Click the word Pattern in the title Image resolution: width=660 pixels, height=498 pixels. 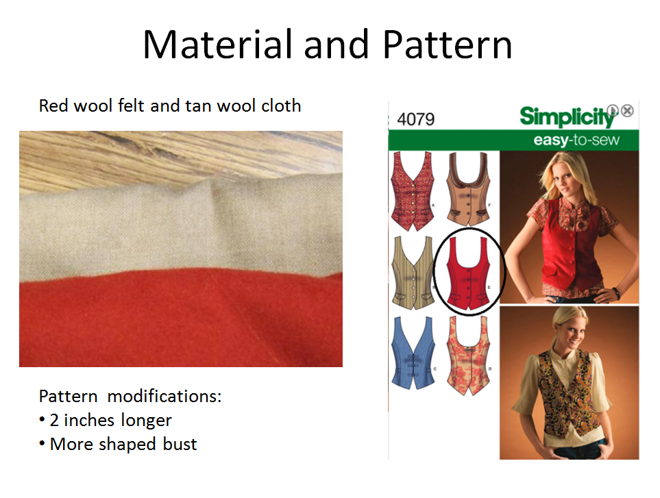(x=448, y=45)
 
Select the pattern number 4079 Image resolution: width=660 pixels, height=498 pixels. (x=415, y=119)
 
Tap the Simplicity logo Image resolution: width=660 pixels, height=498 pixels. (x=567, y=116)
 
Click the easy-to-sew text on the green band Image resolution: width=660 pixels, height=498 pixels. (x=576, y=140)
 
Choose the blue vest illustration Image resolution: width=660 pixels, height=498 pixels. (x=413, y=353)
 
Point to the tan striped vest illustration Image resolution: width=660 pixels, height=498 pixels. (x=413, y=273)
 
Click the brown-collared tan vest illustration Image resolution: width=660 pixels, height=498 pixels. (x=468, y=189)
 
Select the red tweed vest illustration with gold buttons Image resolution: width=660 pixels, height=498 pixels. (x=413, y=191)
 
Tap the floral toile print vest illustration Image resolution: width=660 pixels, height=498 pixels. (x=468, y=356)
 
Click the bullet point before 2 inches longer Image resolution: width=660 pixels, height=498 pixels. (x=42, y=420)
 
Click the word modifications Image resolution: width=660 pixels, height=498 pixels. (x=164, y=396)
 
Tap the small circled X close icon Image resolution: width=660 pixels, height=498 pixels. (x=627, y=110)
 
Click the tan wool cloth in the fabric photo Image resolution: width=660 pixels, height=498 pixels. (x=181, y=227)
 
